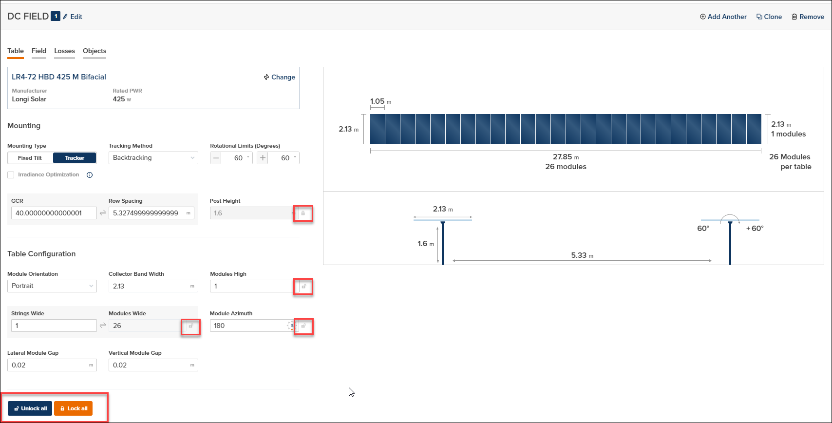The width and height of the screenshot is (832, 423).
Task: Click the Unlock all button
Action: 30,408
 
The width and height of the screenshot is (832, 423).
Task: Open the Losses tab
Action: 64,51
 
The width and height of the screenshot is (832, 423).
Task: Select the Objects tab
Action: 95,51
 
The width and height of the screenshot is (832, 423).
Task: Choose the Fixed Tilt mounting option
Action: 30,158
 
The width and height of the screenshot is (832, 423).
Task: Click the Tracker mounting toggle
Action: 75,158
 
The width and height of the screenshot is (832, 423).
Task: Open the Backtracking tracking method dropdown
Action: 153,158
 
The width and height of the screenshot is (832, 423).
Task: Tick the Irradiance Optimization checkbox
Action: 11,175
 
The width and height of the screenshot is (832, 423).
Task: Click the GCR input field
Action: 54,213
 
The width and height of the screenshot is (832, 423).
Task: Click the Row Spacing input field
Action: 146,213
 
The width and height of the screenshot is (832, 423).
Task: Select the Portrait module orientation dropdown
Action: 52,286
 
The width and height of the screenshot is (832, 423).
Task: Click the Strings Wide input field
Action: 54,326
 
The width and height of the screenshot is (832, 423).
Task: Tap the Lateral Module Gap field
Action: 49,365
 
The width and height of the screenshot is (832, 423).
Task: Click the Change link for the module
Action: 280,77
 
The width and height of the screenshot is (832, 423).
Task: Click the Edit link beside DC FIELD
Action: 73,17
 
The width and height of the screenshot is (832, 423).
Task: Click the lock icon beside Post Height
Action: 303,213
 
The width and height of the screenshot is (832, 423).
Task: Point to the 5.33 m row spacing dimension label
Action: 582,255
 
